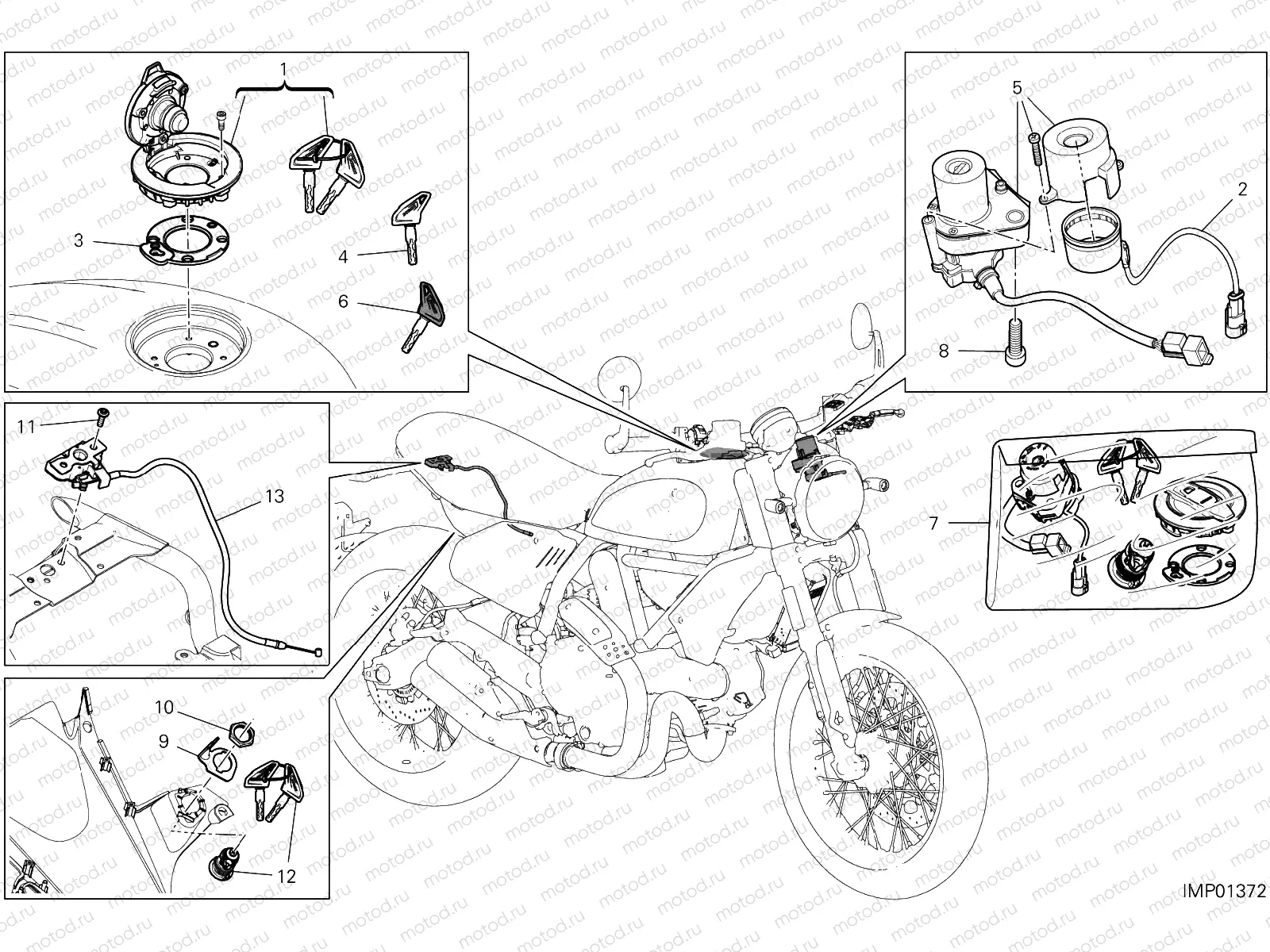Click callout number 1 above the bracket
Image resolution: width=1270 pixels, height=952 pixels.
(283, 70)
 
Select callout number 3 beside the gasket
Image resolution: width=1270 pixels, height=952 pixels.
(78, 240)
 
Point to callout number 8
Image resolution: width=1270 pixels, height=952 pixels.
(944, 350)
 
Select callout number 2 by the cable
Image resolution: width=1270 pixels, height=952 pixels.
(1242, 190)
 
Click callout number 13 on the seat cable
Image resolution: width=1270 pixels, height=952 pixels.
(273, 497)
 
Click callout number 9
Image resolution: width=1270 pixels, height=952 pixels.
(164, 741)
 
